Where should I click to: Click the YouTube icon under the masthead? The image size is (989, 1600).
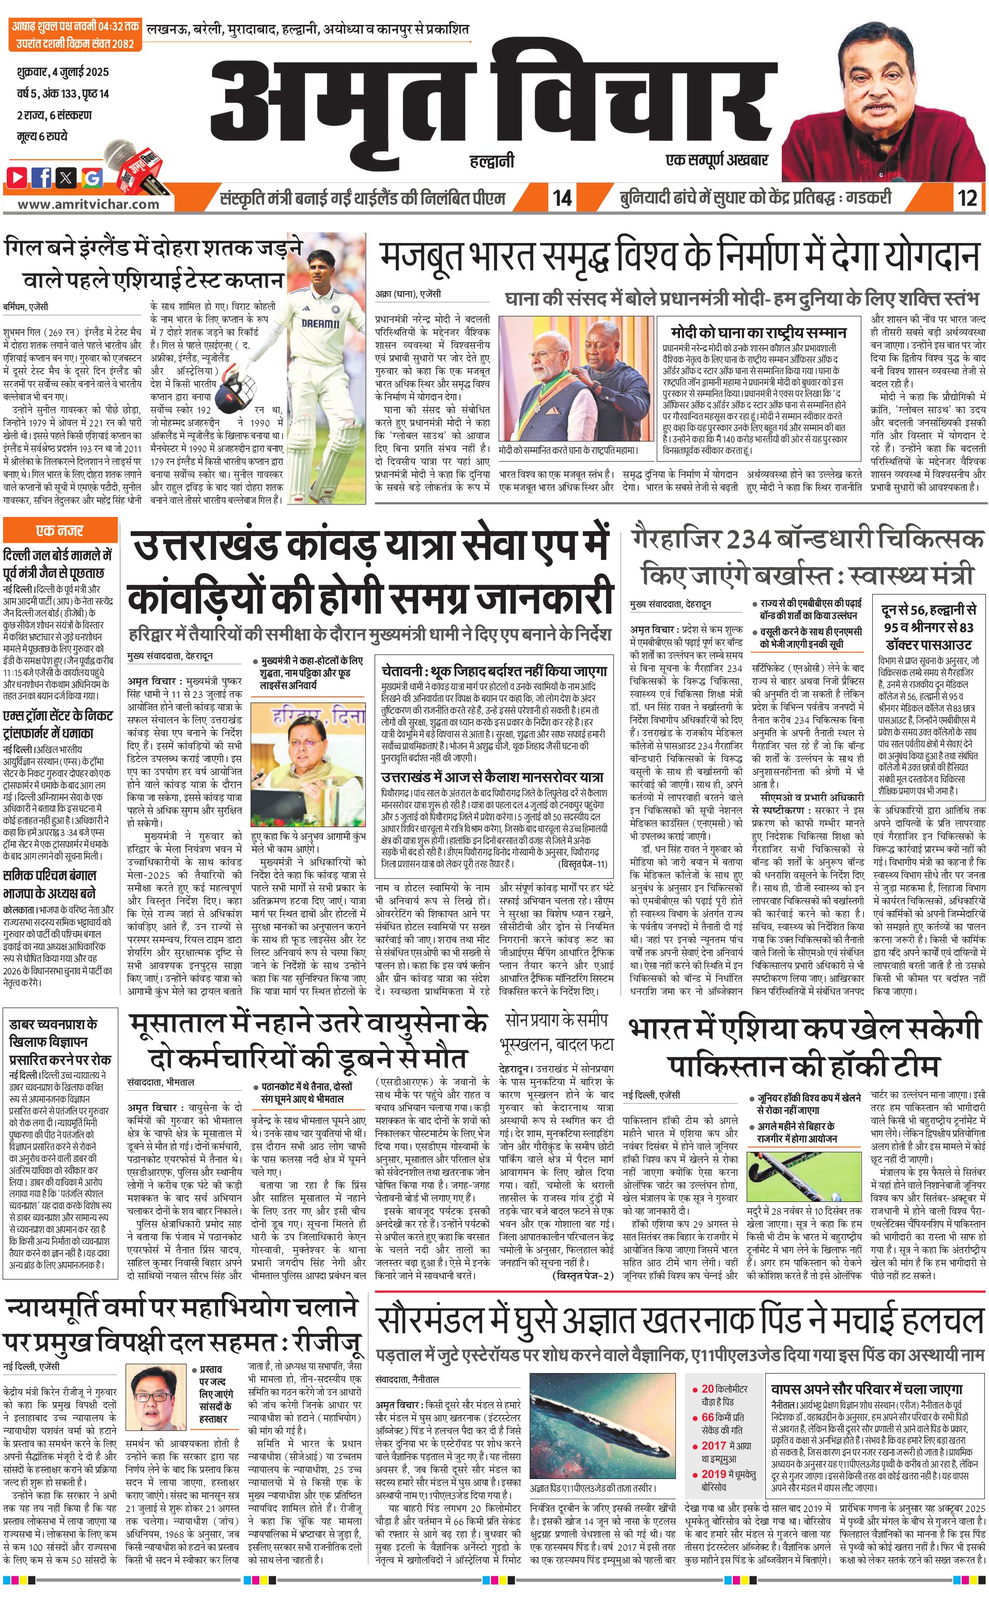coord(18,177)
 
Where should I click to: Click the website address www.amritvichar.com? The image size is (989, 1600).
coord(88,204)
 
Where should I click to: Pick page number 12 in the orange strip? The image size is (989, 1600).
coord(967,197)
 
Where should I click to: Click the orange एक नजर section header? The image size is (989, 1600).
coord(59,530)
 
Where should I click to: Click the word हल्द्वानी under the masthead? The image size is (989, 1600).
coord(492,160)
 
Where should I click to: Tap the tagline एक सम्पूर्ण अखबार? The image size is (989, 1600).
coord(716,160)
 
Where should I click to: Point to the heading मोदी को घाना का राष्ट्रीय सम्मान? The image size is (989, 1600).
coord(758,332)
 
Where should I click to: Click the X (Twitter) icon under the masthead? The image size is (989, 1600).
coord(67,177)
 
